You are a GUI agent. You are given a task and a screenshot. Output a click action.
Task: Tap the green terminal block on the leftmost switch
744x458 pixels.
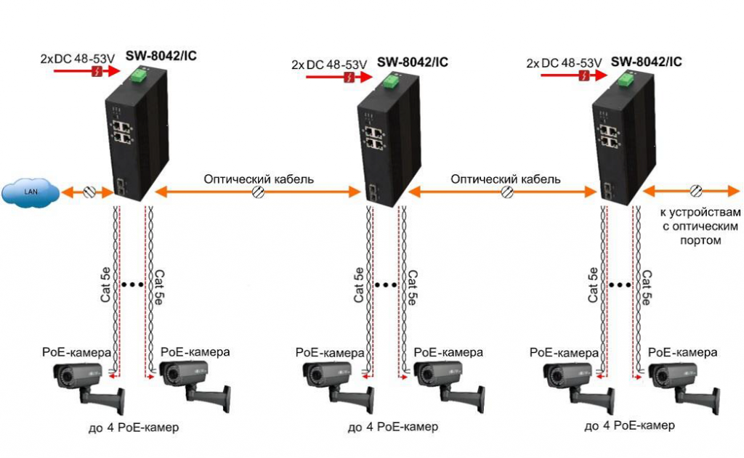tap(138, 75)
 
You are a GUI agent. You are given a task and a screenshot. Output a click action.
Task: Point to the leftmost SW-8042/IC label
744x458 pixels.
tap(161, 55)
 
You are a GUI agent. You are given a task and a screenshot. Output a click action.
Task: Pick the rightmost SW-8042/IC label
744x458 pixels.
tap(647, 62)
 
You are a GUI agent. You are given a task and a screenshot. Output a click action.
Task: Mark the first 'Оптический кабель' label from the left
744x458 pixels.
tap(259, 179)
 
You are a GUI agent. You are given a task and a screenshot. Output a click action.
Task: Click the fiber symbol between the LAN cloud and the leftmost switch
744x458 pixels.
tap(91, 192)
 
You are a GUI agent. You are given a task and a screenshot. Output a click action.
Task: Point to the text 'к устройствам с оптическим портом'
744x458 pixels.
tap(700, 226)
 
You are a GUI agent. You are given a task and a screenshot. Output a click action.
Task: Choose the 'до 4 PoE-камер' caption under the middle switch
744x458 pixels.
tap(392, 427)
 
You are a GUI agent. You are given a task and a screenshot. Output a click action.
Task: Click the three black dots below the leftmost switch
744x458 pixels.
tap(132, 285)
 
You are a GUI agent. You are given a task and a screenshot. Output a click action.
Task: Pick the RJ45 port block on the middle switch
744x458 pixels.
tap(375, 138)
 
